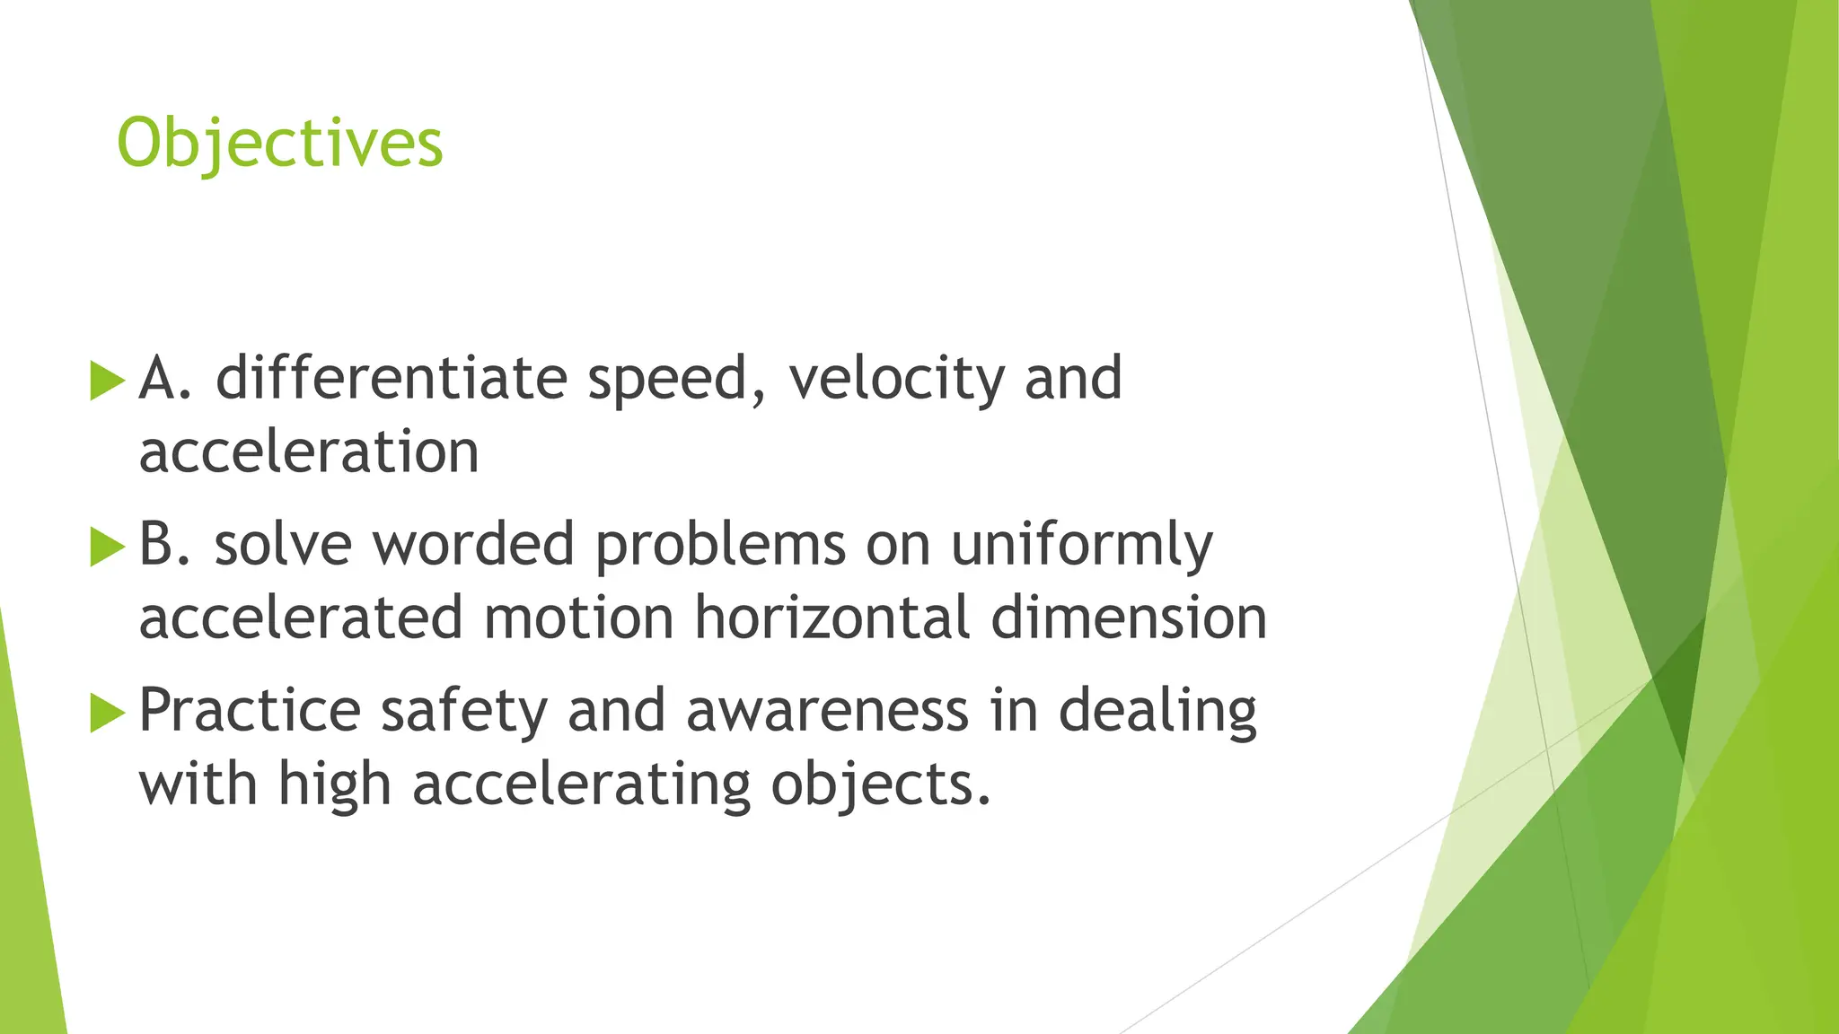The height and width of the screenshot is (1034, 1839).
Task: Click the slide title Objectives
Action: [x=279, y=145]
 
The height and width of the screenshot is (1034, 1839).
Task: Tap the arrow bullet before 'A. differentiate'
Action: [x=107, y=381]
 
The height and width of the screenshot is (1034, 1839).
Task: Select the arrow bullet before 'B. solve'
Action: [x=107, y=547]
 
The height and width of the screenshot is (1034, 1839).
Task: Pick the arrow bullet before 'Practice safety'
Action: [x=107, y=713]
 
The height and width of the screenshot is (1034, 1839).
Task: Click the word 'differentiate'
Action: [x=392, y=378]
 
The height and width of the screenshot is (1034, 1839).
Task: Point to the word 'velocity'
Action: [x=895, y=380]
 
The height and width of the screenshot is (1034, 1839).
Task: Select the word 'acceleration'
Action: [x=309, y=451]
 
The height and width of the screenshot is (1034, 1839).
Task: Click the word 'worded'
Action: [x=473, y=545]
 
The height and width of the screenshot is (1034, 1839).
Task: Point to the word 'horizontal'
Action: [x=832, y=618]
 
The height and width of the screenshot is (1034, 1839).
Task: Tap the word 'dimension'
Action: [x=1129, y=618]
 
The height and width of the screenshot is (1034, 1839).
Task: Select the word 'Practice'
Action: [x=250, y=711]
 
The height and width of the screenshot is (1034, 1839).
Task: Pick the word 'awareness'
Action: [x=827, y=711]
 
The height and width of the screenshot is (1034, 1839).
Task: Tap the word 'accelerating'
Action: [x=581, y=786]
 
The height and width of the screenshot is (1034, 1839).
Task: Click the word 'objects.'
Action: [x=881, y=786]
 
